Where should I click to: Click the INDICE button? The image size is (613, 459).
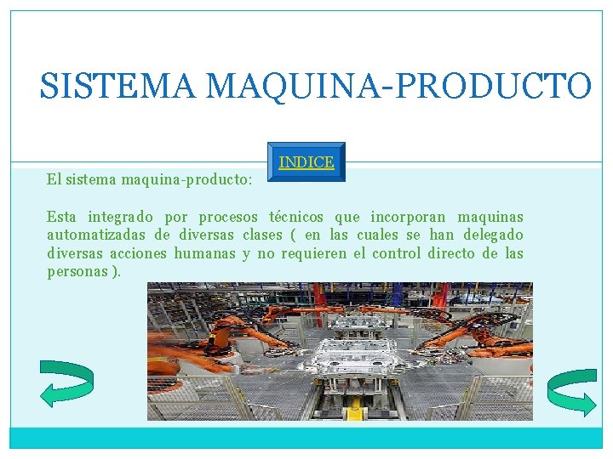306,161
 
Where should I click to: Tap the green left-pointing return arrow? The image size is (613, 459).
66,383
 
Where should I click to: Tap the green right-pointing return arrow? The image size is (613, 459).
571,392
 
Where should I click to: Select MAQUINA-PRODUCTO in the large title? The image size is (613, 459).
398,87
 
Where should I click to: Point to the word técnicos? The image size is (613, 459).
296,217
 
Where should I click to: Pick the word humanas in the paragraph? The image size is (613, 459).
204,253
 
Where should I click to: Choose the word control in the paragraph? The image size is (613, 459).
396,253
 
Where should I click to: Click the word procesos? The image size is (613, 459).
228,217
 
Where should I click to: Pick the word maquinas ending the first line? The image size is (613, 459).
490,217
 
